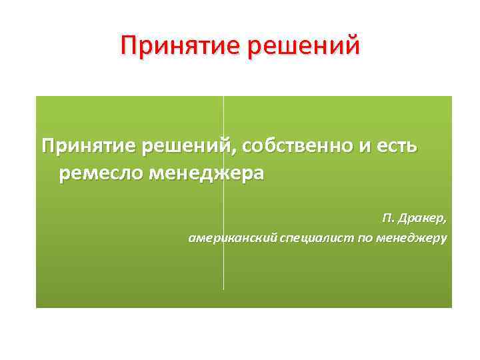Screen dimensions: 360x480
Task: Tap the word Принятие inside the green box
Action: pos(86,145)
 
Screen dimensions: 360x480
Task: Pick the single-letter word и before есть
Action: pos(369,147)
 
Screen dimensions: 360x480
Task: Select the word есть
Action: pos(399,145)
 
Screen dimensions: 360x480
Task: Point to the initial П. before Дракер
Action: pos(389,219)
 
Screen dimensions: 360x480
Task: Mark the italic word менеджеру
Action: pos(412,237)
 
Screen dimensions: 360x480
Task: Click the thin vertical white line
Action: pos(223,267)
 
